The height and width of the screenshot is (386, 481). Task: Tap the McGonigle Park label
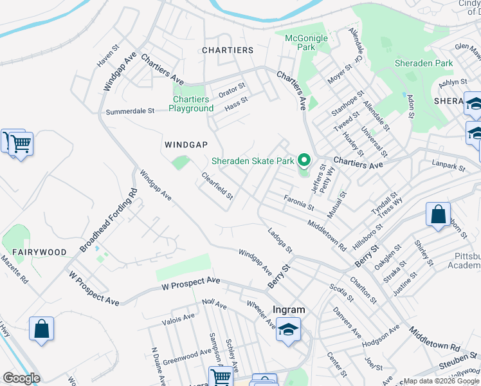(306, 42)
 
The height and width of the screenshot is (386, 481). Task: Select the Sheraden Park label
(424, 63)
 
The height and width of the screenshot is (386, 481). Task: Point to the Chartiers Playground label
(191, 104)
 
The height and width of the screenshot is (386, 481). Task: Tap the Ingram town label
(289, 309)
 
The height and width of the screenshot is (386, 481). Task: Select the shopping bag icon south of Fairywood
(41, 329)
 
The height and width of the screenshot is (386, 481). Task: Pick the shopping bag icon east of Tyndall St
(438, 214)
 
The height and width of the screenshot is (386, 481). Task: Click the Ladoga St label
(280, 240)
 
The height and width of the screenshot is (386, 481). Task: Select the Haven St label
(109, 55)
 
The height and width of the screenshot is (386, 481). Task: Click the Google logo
(21, 378)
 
